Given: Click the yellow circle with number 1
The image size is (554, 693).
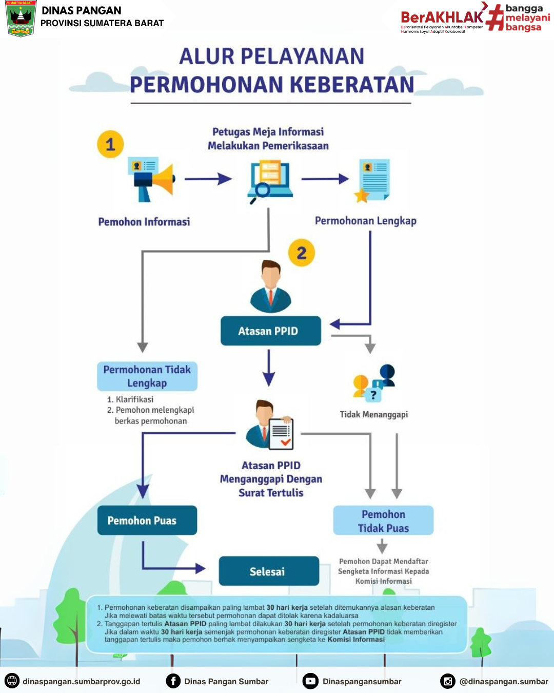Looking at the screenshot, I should [x=110, y=144].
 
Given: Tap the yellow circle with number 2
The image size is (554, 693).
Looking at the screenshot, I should [x=302, y=253].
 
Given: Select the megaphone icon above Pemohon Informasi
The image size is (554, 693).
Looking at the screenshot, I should [x=152, y=179].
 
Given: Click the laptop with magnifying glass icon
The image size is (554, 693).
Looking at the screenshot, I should [x=270, y=181].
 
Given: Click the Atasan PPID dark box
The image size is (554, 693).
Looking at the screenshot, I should [x=270, y=331].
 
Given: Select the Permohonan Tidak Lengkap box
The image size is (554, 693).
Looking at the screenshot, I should [x=147, y=376].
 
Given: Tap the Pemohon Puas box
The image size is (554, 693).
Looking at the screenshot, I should [x=147, y=521].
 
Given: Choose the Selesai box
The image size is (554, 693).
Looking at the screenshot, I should [x=269, y=571].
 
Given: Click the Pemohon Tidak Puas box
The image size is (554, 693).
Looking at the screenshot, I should [x=383, y=521].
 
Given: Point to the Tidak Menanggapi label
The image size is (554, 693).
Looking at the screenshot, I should [x=374, y=414].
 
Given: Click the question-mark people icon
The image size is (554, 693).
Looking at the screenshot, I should [x=374, y=383].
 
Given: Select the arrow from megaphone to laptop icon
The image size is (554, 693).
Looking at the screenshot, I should [x=208, y=179].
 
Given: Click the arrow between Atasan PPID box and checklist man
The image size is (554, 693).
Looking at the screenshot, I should [x=269, y=368].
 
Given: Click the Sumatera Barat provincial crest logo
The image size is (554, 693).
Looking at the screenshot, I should [x=21, y=18].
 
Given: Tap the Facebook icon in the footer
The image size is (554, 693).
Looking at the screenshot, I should [x=173, y=681].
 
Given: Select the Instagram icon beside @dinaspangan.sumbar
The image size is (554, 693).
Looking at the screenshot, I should [x=448, y=681].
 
